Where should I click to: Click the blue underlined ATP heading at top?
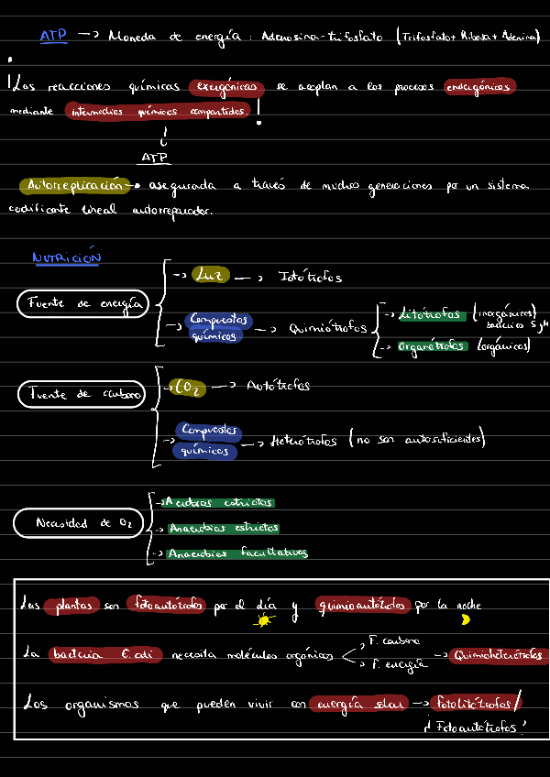coord(53,36)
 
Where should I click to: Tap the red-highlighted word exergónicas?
coord(226,87)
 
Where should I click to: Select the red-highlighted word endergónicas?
coord(479,87)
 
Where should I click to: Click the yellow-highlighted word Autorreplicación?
coord(76,185)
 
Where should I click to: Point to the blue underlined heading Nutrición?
coord(66,258)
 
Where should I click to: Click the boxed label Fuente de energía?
coord(83,303)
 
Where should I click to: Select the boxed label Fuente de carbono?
coord(82,394)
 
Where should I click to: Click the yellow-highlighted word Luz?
coord(210,276)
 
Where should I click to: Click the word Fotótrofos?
coord(311,277)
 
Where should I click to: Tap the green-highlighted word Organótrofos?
coord(432,346)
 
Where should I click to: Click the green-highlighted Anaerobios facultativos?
coord(237,553)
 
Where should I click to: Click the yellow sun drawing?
coord(266,621)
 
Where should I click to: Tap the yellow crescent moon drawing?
coord(466,619)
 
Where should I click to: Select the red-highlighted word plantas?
coord(73,606)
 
